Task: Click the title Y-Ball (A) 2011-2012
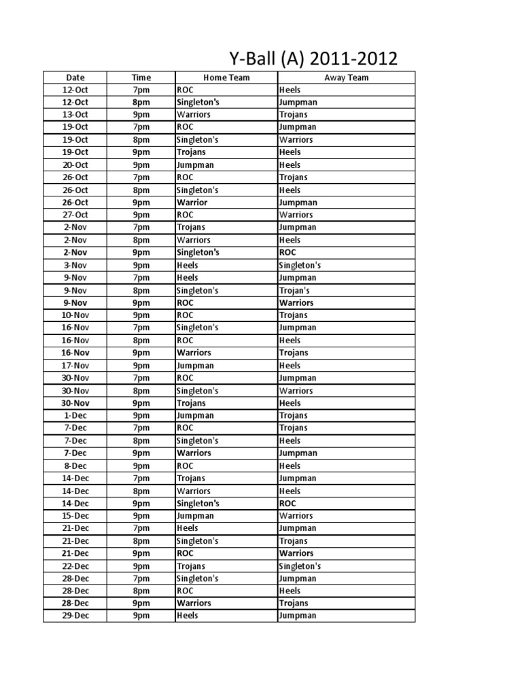(x=311, y=58)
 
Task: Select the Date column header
(x=75, y=77)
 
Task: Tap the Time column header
(x=141, y=77)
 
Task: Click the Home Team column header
(x=226, y=77)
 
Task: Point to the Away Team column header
(x=346, y=77)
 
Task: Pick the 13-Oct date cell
(x=75, y=115)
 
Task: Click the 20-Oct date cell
(x=75, y=165)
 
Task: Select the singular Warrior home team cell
(x=192, y=203)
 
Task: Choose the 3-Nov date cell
(x=75, y=265)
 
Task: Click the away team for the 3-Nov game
(x=300, y=265)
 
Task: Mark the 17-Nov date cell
(x=75, y=366)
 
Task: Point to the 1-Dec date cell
(x=75, y=415)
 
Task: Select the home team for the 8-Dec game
(x=185, y=466)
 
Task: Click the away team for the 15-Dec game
(x=296, y=516)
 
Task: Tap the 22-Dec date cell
(x=75, y=566)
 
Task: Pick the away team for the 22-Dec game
(x=300, y=566)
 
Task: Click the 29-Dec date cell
(x=75, y=616)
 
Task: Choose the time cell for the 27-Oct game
(x=141, y=215)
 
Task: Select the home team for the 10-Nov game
(x=185, y=315)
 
